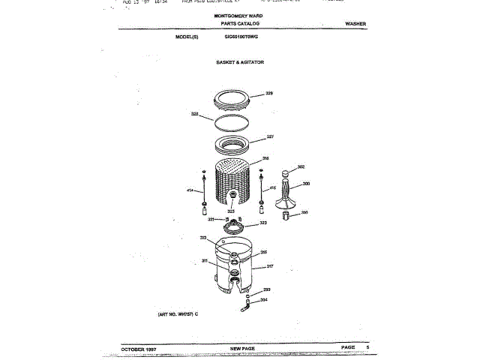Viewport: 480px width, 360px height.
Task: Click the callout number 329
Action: coord(269,94)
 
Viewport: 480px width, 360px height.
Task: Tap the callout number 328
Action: coord(194,114)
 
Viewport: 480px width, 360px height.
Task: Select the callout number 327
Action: coord(270,137)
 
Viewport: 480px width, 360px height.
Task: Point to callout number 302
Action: coord(301,167)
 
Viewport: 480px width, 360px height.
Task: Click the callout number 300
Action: coord(306,184)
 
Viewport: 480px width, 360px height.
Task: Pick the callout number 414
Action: coord(190,190)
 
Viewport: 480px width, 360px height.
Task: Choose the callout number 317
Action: coord(270,266)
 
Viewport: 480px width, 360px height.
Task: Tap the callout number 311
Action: coord(204,260)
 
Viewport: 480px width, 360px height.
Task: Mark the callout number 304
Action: coord(264,300)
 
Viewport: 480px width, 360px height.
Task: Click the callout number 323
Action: coord(263,223)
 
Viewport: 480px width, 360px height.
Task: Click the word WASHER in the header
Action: coord(355,25)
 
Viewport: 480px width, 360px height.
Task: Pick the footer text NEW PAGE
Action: coord(243,348)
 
